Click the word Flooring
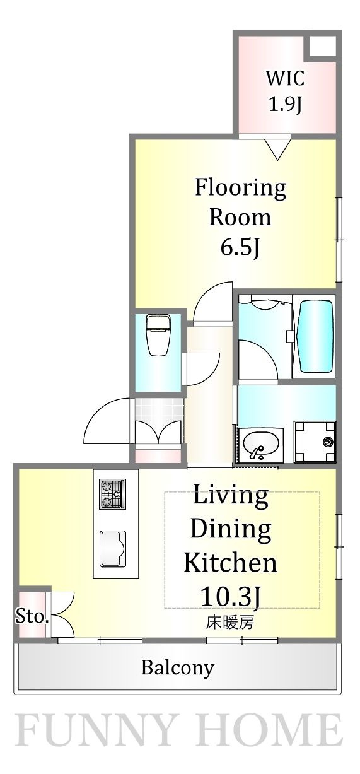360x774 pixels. pyautogui.click(x=240, y=189)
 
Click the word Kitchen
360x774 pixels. pyautogui.click(x=230, y=563)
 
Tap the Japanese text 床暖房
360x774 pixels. pyautogui.click(x=230, y=622)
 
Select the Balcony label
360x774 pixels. pyautogui.click(x=178, y=667)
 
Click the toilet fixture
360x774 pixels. pyautogui.click(x=158, y=334)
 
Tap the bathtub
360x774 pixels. pyautogui.click(x=315, y=336)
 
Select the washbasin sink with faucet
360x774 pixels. pyautogui.click(x=261, y=445)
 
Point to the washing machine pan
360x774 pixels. pyautogui.click(x=315, y=442)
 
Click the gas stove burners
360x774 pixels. pyautogui.click(x=112, y=495)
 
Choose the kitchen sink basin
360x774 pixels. pyautogui.click(x=113, y=549)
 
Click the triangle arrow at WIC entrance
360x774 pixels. pyautogui.click(x=277, y=150)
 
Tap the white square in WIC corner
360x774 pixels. pyautogui.click(x=322, y=45)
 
